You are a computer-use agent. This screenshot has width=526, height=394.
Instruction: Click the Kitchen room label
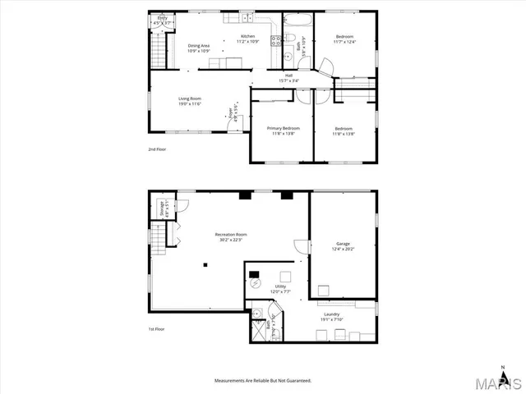(247, 36)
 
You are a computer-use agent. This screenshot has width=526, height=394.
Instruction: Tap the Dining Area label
(199, 45)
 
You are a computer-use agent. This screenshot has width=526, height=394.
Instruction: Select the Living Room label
(190, 98)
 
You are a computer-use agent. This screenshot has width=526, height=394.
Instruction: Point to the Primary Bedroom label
(283, 129)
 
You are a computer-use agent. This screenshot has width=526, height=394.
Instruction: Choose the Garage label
(343, 244)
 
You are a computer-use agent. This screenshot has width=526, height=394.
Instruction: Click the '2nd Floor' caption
(157, 149)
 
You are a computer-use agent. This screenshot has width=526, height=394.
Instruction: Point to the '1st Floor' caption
(157, 329)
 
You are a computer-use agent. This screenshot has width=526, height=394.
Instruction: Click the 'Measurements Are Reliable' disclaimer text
(263, 381)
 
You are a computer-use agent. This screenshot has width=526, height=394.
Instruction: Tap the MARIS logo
(493, 383)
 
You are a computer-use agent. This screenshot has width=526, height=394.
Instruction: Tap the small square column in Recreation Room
(207, 264)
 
